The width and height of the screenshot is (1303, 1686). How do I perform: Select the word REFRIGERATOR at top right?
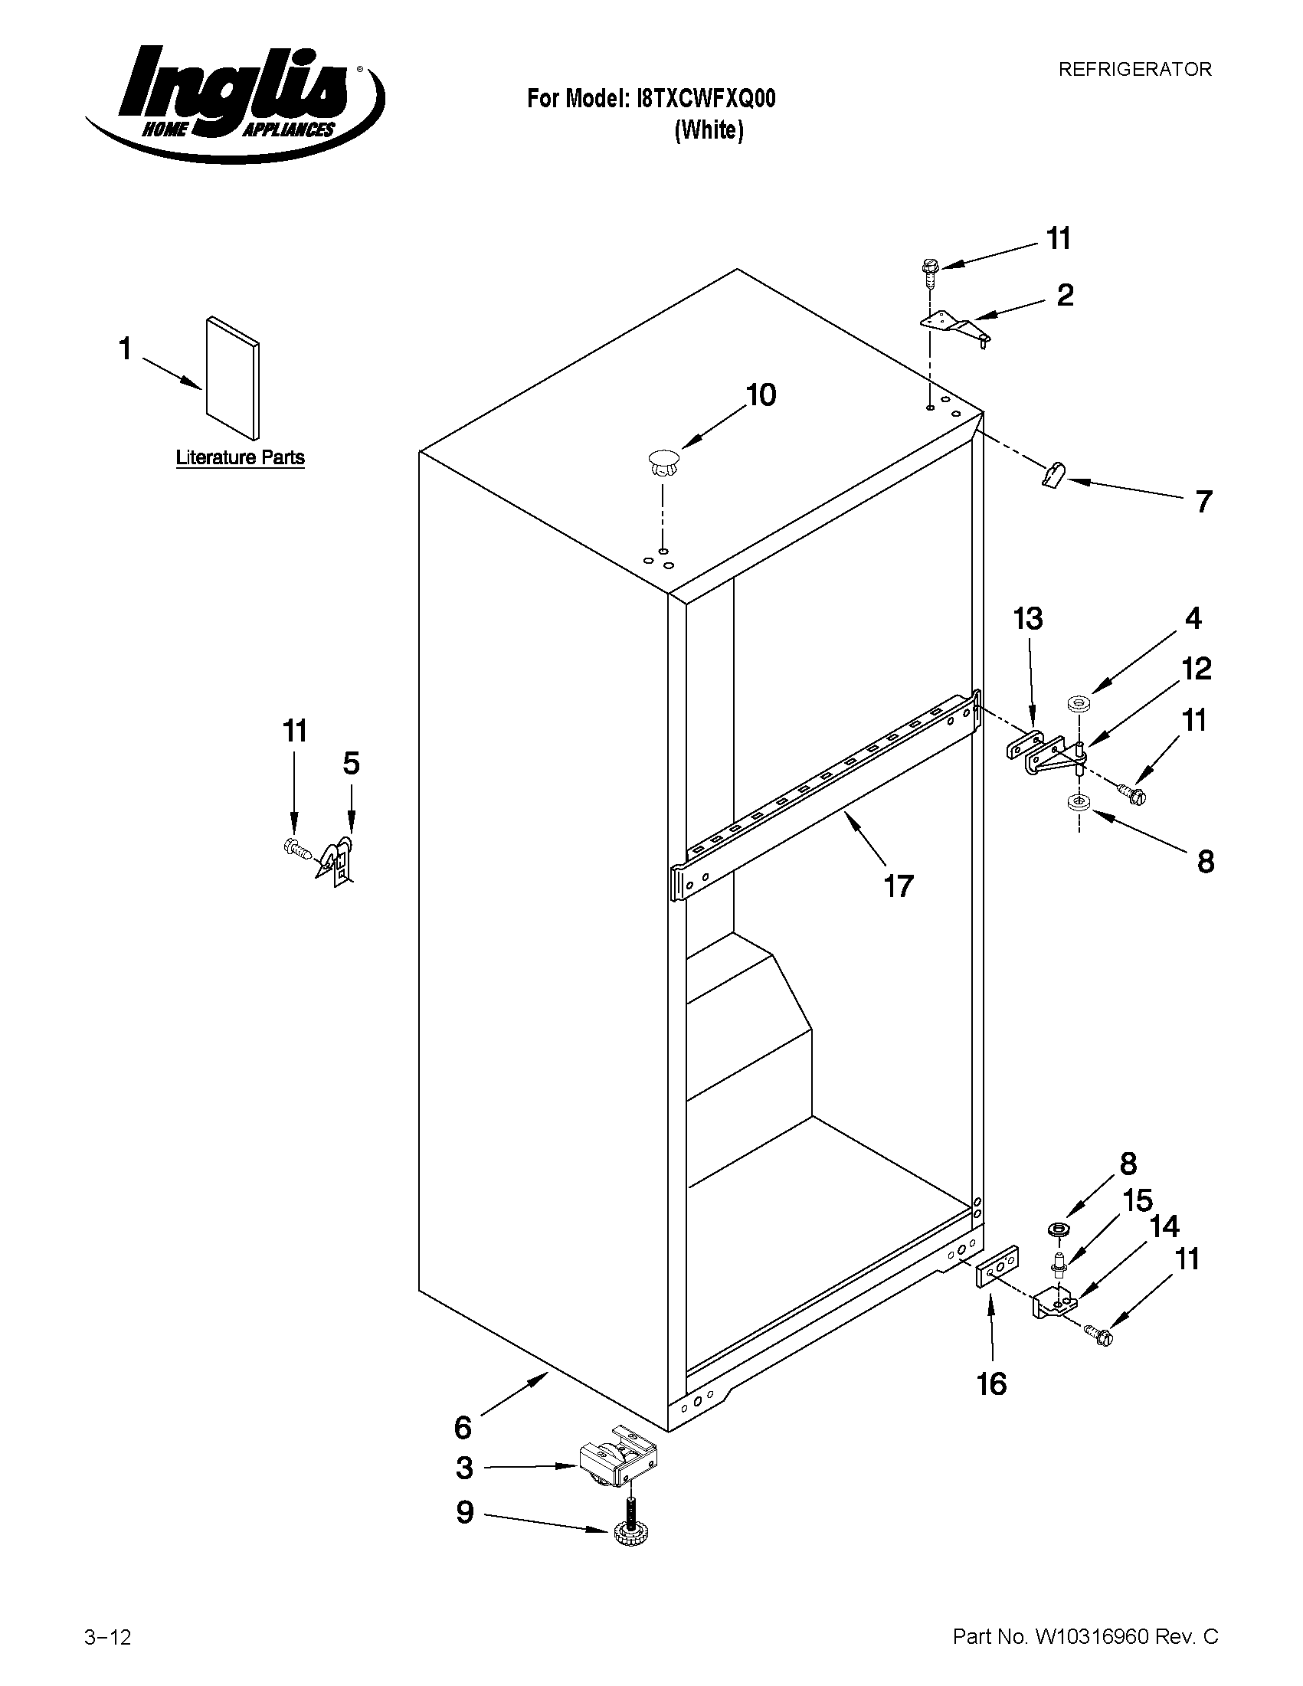(x=1134, y=70)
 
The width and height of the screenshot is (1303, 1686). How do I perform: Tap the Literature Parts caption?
(x=240, y=458)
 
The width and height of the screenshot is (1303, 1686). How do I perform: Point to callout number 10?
(x=760, y=395)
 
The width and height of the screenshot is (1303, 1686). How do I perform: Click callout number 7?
(x=1203, y=503)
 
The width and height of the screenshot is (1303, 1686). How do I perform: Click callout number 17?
(x=899, y=886)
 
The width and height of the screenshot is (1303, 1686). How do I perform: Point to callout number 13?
(x=1027, y=619)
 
